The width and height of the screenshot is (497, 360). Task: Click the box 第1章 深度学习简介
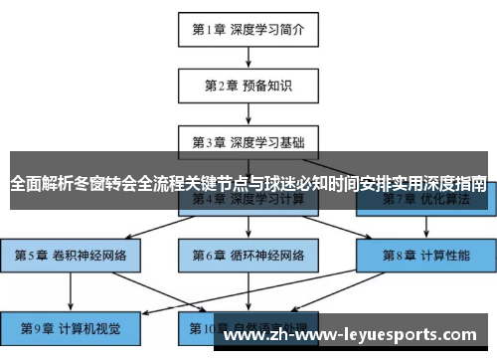248,30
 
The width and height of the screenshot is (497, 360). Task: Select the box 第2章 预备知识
248,86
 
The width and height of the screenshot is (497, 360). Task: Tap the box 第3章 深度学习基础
248,141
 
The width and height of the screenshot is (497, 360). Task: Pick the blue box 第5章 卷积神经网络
71,255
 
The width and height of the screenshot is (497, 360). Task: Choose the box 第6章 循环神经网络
248,255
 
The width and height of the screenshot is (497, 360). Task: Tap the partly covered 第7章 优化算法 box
424,202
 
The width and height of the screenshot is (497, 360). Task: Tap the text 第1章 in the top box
208,30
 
